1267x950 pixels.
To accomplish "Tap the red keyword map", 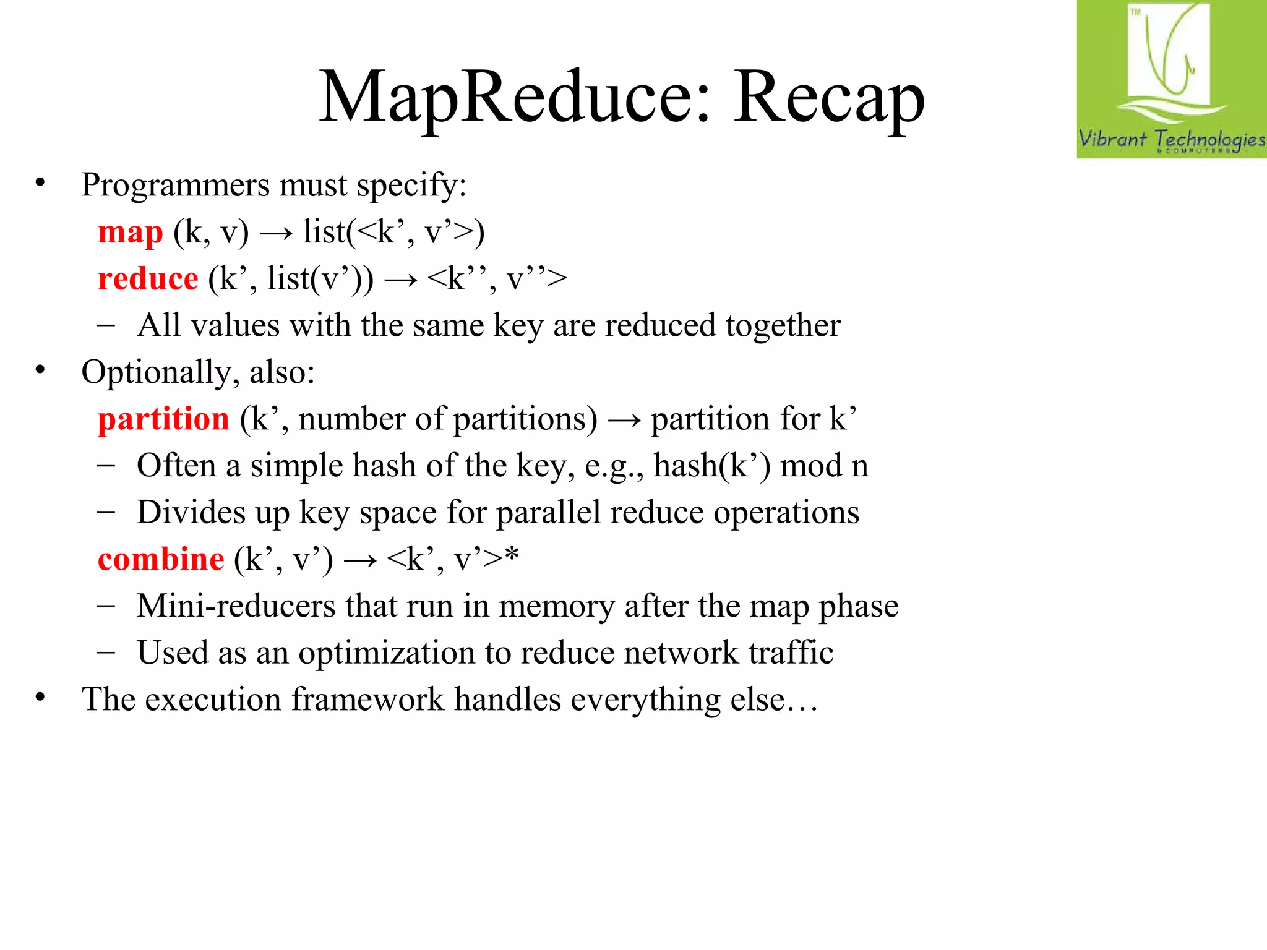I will click(x=131, y=233).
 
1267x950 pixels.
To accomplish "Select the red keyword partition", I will click(x=163, y=419).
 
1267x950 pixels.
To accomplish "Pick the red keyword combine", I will click(x=161, y=560).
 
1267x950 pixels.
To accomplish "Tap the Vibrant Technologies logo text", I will click(x=1171, y=139).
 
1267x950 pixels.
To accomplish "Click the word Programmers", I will click(x=176, y=185).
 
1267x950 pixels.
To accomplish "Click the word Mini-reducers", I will click(x=236, y=606).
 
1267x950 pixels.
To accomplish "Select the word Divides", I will click(x=191, y=513).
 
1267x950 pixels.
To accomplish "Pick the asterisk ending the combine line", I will click(x=512, y=554).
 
